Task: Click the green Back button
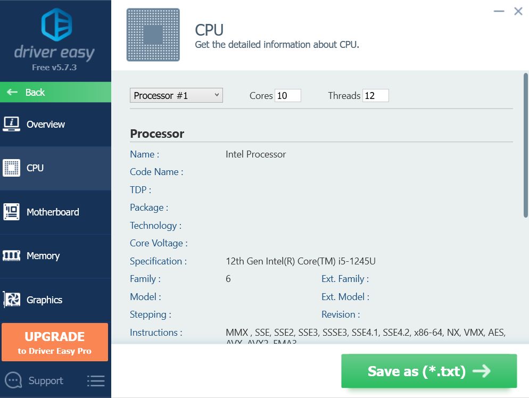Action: click(x=55, y=92)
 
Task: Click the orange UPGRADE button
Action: click(x=55, y=342)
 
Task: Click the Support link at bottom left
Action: click(x=45, y=380)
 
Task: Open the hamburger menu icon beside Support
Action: click(x=96, y=380)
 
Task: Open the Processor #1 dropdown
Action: click(x=176, y=96)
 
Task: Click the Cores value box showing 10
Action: click(x=287, y=96)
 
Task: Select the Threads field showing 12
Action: click(x=375, y=96)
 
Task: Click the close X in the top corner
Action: click(x=518, y=11)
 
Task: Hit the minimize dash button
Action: click(x=499, y=11)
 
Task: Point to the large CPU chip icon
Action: click(x=153, y=35)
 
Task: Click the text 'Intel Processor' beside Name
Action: click(x=255, y=154)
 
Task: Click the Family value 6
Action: click(x=228, y=279)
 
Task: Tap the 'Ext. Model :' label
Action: click(x=345, y=297)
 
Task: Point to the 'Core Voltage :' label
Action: click(x=159, y=243)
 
